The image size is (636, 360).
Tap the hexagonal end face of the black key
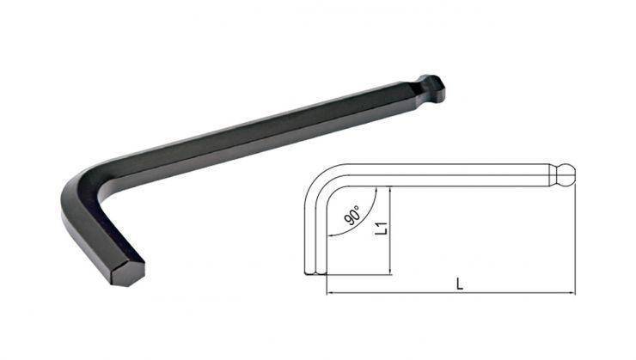point(128,273)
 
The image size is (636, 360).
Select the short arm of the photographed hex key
point(103,239)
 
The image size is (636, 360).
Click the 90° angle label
point(352,216)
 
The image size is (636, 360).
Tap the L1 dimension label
point(382,229)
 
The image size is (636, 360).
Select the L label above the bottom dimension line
point(459,284)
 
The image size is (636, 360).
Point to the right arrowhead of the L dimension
point(572,292)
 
